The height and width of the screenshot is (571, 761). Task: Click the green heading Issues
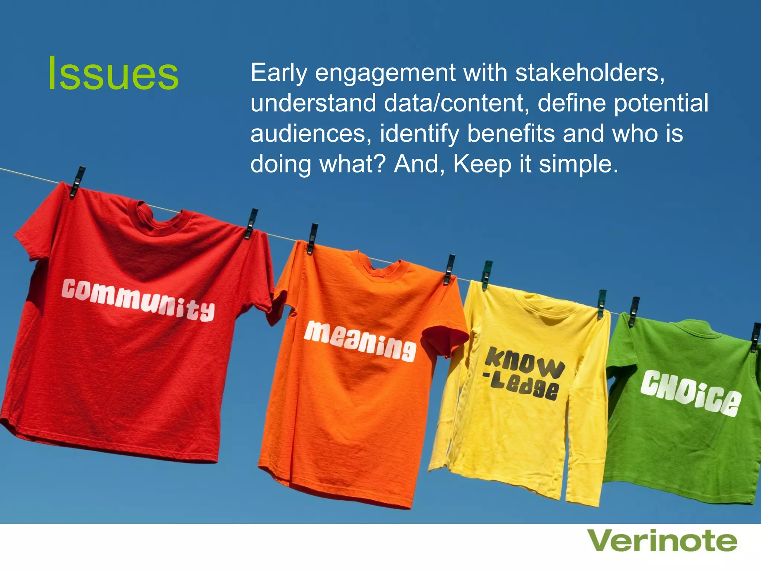click(113, 74)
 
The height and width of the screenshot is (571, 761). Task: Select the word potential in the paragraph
click(661, 103)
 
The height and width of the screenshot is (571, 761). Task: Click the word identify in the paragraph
click(420, 133)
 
